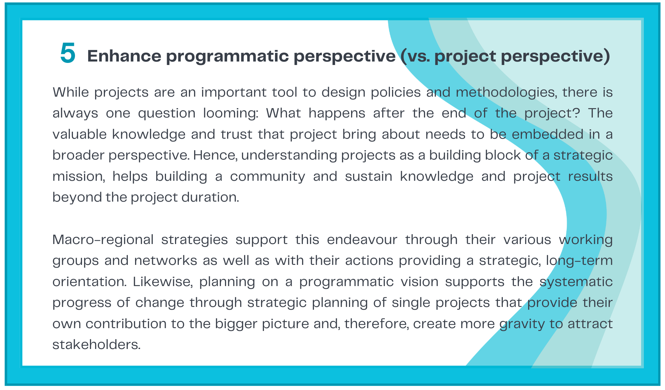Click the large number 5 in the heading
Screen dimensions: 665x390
68,53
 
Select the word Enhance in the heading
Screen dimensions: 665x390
124,56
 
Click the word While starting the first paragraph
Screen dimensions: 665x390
71,92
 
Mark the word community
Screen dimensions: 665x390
267,177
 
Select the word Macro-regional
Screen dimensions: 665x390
103,240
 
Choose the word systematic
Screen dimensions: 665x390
576,282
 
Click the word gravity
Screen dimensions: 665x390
522,324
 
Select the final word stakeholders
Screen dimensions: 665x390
97,345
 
